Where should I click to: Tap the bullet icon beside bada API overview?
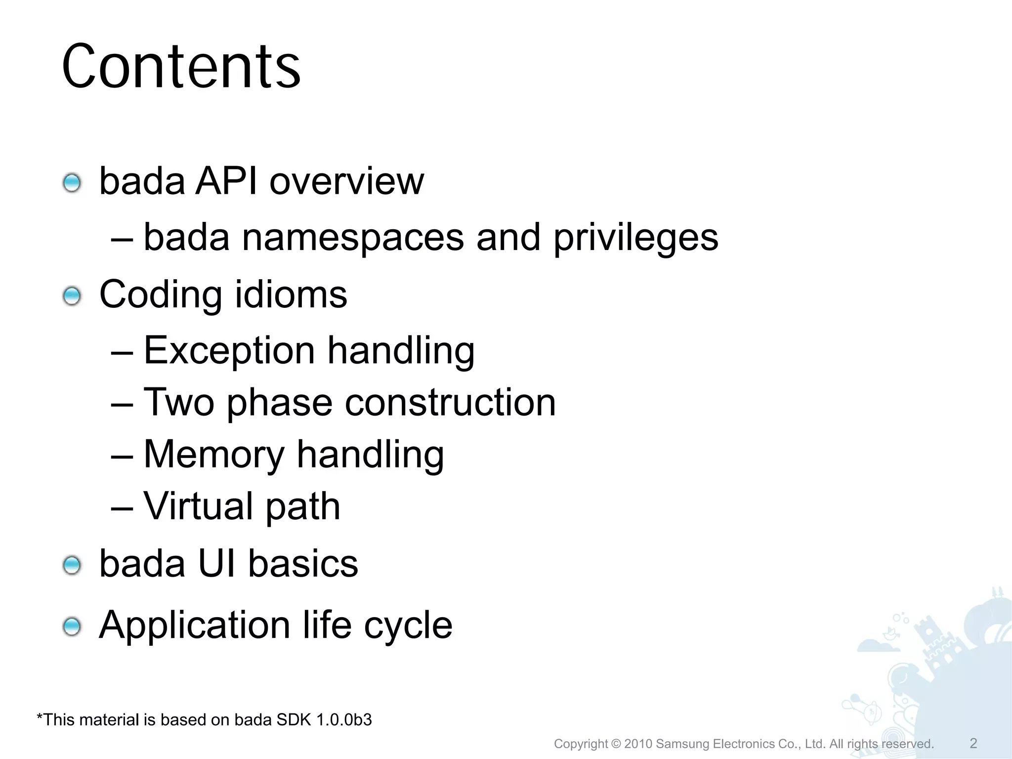(72, 183)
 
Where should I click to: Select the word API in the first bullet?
(226, 181)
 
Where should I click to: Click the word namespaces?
(353, 238)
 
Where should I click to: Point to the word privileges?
(635, 238)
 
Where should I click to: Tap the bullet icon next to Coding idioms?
(72, 296)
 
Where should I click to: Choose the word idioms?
(291, 295)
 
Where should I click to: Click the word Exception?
(229, 351)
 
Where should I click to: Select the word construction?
(450, 402)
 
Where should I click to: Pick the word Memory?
(214, 454)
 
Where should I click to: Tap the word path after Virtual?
(303, 507)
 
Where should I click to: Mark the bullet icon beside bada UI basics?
(72, 565)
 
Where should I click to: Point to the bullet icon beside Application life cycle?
(72, 627)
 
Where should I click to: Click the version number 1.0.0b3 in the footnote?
(344, 720)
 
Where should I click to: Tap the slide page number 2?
(973, 743)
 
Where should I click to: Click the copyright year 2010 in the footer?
(638, 744)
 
